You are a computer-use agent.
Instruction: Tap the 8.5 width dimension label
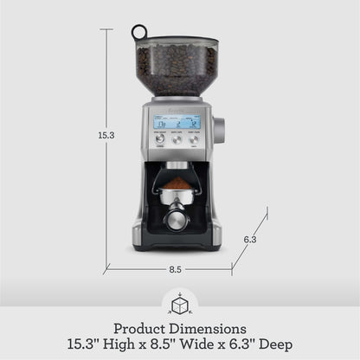point(175,269)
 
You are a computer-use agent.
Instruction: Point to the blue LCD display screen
point(177,122)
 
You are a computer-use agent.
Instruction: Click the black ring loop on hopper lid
point(139,33)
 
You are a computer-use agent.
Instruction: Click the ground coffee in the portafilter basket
point(177,185)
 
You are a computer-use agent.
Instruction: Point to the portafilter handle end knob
point(177,220)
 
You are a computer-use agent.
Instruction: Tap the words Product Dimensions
point(179,329)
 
